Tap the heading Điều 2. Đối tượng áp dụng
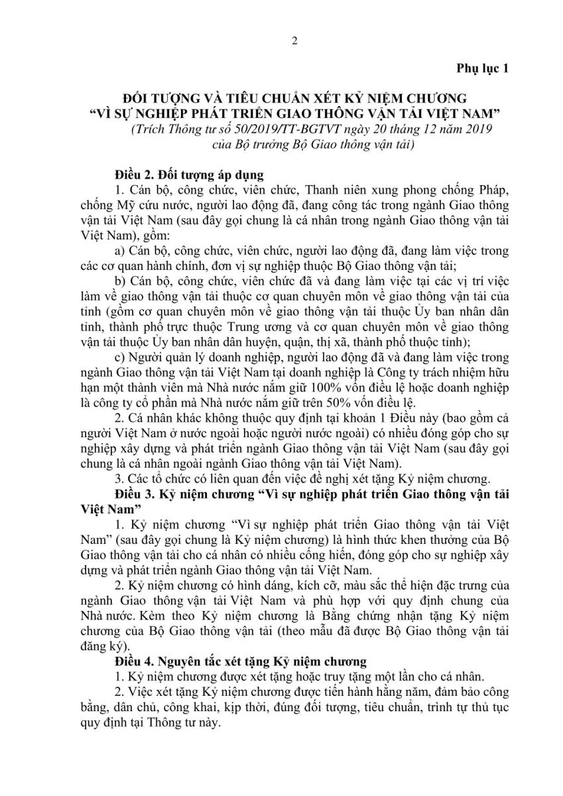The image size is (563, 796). (x=189, y=174)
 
